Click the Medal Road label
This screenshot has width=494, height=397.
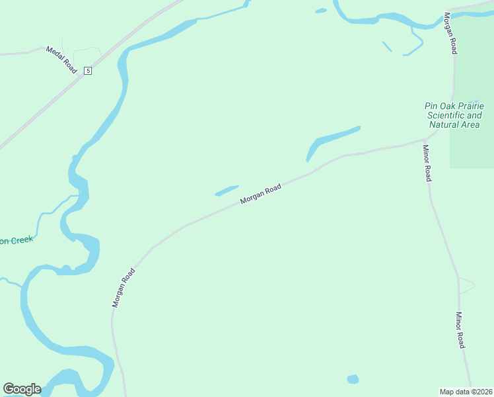pyautogui.click(x=61, y=60)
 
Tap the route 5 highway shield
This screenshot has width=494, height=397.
pyautogui.click(x=87, y=71)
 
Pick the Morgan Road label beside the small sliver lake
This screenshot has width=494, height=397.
pyautogui.click(x=261, y=193)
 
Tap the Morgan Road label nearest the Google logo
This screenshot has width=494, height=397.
pyautogui.click(x=123, y=288)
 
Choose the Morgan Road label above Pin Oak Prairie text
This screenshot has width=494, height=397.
pyautogui.click(x=450, y=33)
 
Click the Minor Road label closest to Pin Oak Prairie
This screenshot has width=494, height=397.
pyautogui.click(x=427, y=163)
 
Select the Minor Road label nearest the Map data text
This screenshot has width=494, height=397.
pyautogui.click(x=460, y=330)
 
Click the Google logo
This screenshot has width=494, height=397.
pyautogui.click(x=22, y=389)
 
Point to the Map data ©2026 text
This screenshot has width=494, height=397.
pyautogui.click(x=466, y=391)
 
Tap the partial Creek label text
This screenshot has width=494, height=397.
pyautogui.click(x=17, y=240)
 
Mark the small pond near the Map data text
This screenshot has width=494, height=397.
pyautogui.click(x=353, y=379)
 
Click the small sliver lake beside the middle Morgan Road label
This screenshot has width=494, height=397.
pyautogui.click(x=227, y=191)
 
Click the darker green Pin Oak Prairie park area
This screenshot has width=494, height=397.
pyautogui.click(x=472, y=149)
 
